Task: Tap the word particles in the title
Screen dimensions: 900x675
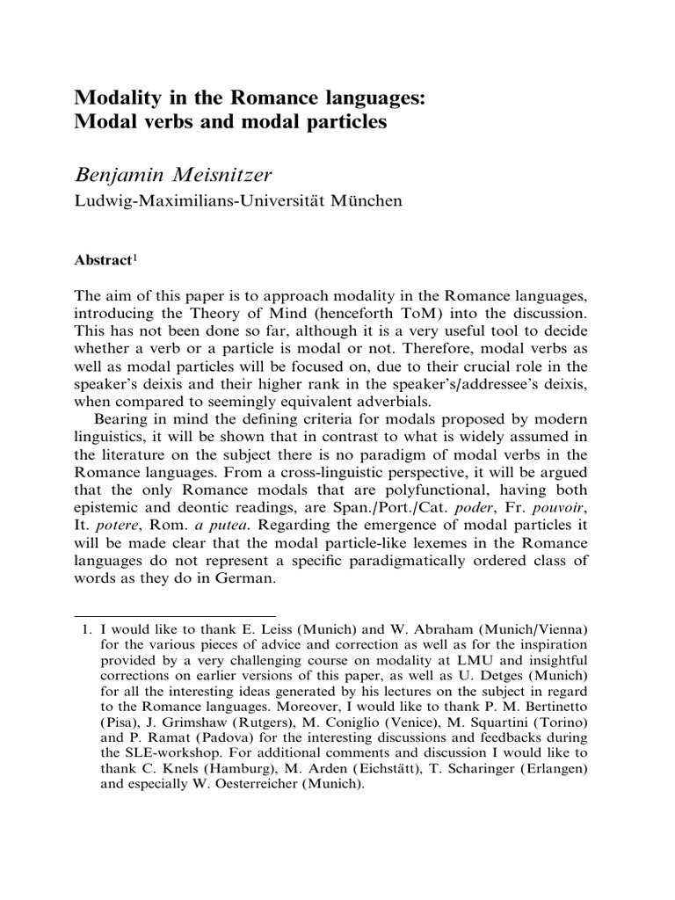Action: (345, 122)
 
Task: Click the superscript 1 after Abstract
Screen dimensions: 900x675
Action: (133, 258)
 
